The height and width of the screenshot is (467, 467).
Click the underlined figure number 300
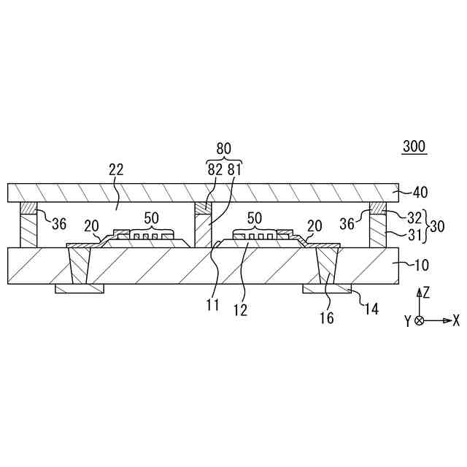click(414, 147)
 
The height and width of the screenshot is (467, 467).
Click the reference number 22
click(116, 169)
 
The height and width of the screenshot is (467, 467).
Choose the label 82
click(215, 169)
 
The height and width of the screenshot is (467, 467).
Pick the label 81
click(233, 169)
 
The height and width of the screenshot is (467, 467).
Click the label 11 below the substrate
click(212, 306)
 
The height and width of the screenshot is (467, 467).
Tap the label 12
click(240, 309)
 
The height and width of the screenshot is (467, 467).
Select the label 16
click(327, 317)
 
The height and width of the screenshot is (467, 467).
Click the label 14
click(371, 309)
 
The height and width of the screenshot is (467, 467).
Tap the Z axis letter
click(425, 293)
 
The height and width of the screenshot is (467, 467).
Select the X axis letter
click(455, 320)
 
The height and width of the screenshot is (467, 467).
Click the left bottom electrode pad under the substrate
click(80, 289)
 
